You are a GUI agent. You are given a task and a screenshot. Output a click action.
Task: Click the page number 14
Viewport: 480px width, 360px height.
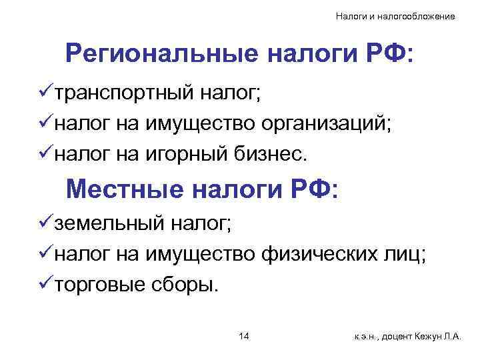coord(243,336)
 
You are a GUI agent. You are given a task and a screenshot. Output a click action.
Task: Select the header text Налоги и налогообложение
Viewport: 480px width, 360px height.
coord(395,15)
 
